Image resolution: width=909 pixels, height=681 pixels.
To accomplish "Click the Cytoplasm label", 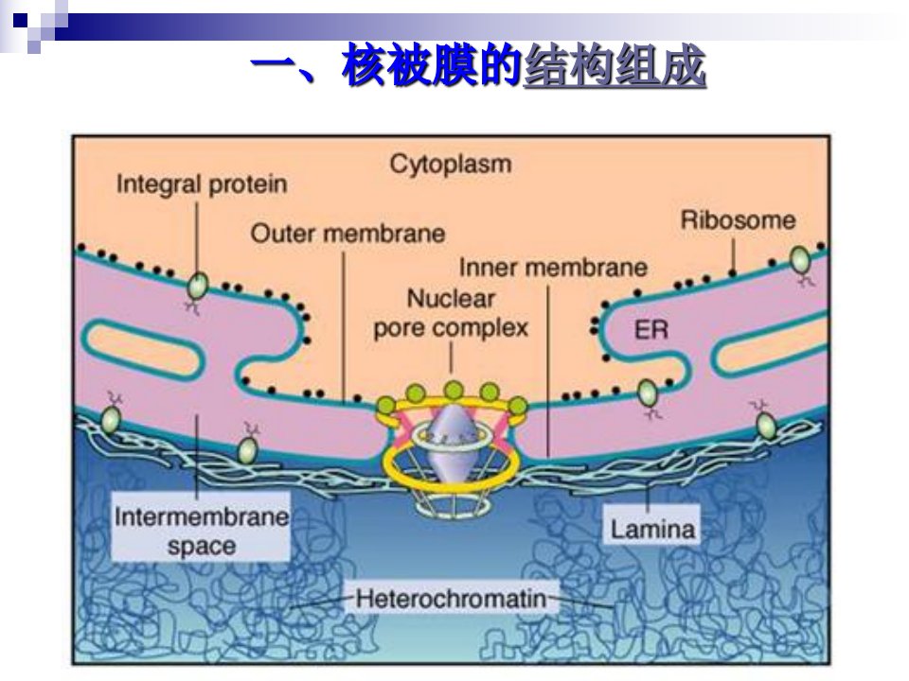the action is (451, 164).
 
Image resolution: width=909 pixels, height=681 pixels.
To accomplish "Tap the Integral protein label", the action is (202, 184).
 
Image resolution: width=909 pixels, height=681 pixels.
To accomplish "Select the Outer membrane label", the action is (348, 234).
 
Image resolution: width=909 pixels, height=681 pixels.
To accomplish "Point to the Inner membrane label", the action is (553, 268).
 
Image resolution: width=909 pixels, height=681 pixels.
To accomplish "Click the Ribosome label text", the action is (738, 220).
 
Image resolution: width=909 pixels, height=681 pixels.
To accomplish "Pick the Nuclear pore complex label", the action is (451, 313).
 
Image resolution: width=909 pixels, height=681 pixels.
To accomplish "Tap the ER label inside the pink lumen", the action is (651, 330).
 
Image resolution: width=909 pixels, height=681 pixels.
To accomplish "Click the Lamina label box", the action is (652, 525).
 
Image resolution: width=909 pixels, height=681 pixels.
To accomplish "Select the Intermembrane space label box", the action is (201, 527).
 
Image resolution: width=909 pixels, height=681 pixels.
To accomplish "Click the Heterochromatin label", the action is (451, 598).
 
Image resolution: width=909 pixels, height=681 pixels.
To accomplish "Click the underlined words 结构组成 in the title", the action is (614, 65).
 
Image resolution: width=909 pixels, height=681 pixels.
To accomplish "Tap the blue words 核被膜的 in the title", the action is (432, 65).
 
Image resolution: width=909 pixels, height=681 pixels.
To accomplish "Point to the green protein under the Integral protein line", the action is (197, 286).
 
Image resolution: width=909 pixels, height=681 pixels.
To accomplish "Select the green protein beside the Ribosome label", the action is (801, 260).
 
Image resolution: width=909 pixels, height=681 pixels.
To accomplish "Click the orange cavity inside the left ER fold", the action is (143, 350).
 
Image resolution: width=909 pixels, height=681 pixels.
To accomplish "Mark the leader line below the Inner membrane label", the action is (548, 371).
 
